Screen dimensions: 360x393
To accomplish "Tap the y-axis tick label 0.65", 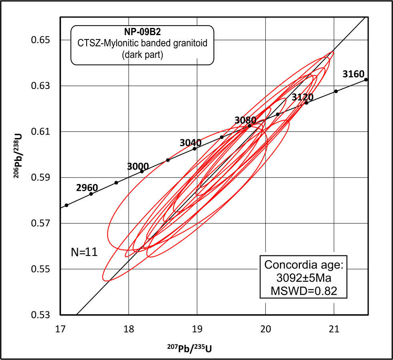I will tap(43, 40).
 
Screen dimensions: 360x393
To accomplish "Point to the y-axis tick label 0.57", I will tap(43, 223).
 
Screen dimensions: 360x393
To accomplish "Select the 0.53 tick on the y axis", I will tap(43, 315).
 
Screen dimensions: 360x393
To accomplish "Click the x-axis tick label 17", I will tap(60, 329).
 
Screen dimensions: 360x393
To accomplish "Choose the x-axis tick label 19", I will tap(197, 329).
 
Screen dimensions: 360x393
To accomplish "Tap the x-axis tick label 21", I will tap(334, 329).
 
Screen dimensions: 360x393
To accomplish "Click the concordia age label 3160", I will tap(353, 74).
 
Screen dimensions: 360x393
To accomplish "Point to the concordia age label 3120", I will tap(302, 97).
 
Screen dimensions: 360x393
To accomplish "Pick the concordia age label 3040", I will tap(190, 143).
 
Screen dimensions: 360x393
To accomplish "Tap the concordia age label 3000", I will tap(138, 166).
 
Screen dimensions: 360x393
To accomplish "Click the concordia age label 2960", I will tap(87, 188).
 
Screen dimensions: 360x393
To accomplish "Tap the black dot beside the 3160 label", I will tap(366, 80).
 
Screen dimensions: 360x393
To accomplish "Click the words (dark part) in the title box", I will tap(142, 55).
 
